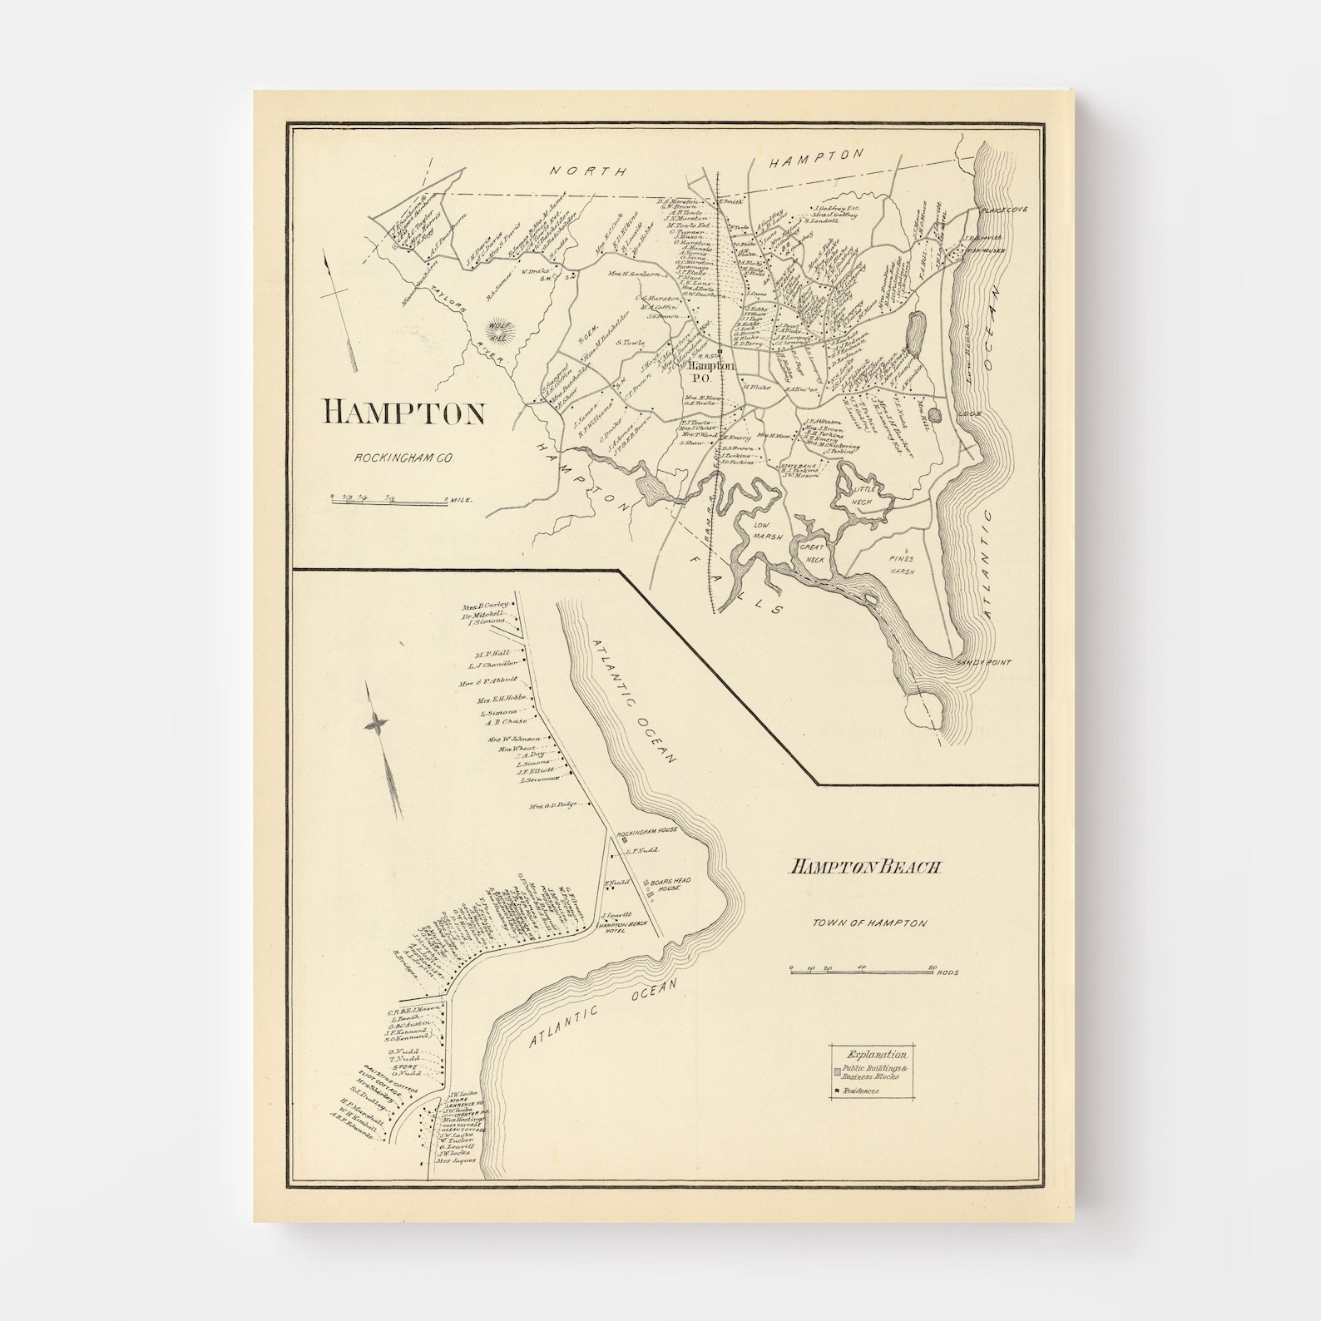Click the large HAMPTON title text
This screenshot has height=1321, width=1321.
coord(404,413)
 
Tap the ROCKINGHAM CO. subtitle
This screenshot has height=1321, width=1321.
coord(403,458)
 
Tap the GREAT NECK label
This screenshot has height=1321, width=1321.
coord(812,554)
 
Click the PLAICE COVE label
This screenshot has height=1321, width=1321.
coord(1002,210)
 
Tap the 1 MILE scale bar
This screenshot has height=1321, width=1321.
coord(391,501)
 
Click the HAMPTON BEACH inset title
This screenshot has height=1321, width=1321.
coord(864,867)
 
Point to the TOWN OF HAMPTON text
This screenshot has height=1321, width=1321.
coord(869,923)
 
